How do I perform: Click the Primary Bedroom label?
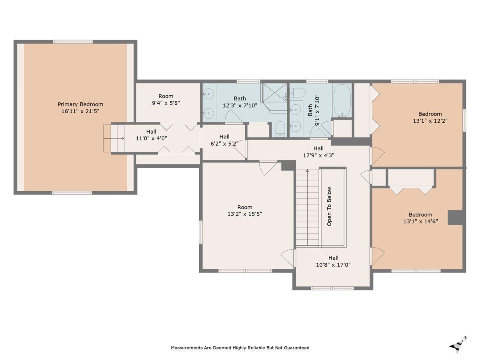pyautogui.click(x=80, y=104)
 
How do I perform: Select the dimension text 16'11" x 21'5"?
pyautogui.click(x=80, y=111)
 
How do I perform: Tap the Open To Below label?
pyautogui.click(x=329, y=206)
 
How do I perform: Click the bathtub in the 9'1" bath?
pyautogui.click(x=342, y=101)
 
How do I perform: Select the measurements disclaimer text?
pyautogui.click(x=240, y=348)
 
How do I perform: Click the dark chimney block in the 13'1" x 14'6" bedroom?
pyautogui.click(x=455, y=218)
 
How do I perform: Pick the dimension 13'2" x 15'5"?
pyautogui.click(x=245, y=214)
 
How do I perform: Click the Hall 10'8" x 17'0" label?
pyautogui.click(x=333, y=261)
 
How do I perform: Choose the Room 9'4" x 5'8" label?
pyautogui.click(x=166, y=100)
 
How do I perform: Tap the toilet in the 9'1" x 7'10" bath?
pyautogui.click(x=298, y=93)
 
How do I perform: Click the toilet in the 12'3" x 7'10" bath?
pyautogui.click(x=280, y=128)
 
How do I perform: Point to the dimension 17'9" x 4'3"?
pyautogui.click(x=318, y=156)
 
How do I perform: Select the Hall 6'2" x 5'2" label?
pyautogui.click(x=224, y=140)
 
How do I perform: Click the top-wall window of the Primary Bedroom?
pyautogui.click(x=73, y=42)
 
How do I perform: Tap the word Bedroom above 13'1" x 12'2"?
pyautogui.click(x=430, y=114)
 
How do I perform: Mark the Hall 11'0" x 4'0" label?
pyautogui.click(x=151, y=135)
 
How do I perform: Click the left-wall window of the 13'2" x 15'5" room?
pyautogui.click(x=200, y=232)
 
